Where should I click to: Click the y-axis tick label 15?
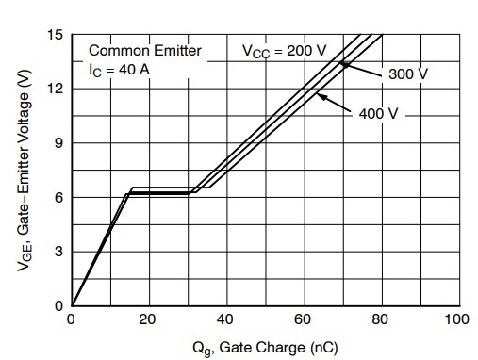[57, 35]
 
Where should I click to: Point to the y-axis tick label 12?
[57, 89]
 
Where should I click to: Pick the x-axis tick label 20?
[148, 319]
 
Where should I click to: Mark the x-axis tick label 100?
[457, 319]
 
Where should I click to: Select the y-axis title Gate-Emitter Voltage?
[25, 179]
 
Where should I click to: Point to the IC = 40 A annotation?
[119, 69]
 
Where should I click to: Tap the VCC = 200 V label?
[282, 51]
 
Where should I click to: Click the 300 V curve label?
[407, 74]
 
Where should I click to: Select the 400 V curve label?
[379, 113]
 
